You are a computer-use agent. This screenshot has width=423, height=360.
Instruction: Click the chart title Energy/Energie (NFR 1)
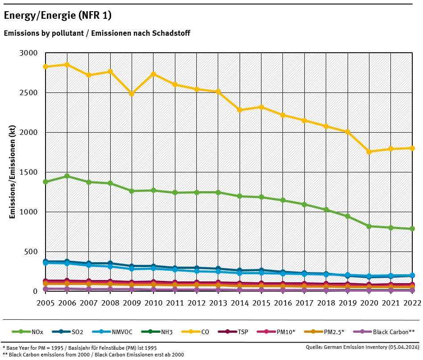[58, 16]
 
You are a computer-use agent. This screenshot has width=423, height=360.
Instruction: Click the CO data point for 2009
[132, 94]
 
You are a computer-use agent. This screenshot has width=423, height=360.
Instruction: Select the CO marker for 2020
[369, 152]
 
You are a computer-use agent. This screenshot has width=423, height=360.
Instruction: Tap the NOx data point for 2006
[67, 176]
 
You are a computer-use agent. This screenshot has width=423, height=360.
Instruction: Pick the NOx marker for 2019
[348, 216]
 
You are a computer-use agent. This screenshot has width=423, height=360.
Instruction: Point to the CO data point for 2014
[240, 110]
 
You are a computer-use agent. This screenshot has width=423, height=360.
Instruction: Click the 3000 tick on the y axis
[29, 53]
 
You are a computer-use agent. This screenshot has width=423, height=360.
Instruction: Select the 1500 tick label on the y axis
[29, 172]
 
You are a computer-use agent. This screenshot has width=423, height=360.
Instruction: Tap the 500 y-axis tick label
[32, 252]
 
